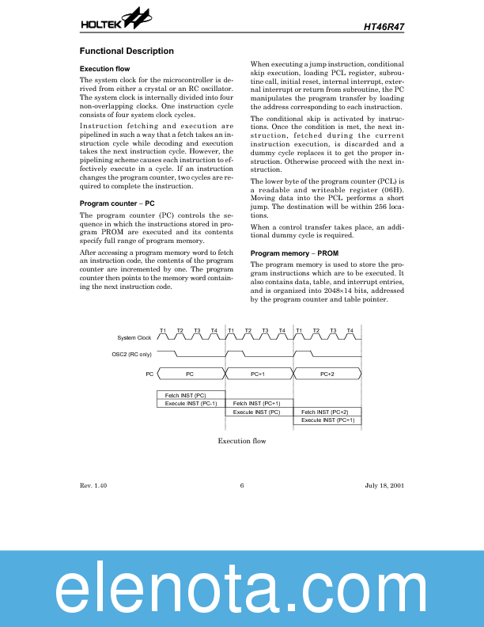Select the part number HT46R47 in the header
[x=384, y=25]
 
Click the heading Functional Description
[x=127, y=51]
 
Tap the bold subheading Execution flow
[x=104, y=69]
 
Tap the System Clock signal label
[x=134, y=338]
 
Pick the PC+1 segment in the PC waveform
[x=258, y=373]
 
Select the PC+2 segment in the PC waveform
[x=327, y=373]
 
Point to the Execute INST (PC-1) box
[x=191, y=403]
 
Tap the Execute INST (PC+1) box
[x=327, y=420]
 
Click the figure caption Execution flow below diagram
[x=241, y=441]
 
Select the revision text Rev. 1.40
[x=93, y=485]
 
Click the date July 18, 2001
[x=384, y=485]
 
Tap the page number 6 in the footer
[x=241, y=485]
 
